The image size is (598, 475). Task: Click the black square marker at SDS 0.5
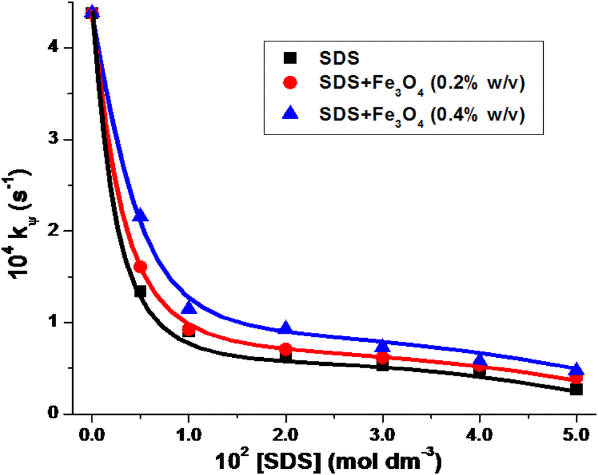140,291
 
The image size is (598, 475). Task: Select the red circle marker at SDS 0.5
140,266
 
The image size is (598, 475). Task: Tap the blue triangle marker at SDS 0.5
140,215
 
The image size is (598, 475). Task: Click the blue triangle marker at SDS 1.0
189,308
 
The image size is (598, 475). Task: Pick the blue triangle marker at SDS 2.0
286,328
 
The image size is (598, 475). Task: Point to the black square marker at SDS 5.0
576,389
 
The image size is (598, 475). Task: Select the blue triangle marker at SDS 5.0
576,370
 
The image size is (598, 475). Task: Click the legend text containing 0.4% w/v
422,114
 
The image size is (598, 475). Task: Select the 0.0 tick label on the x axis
92,434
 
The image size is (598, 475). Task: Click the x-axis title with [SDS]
333,460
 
